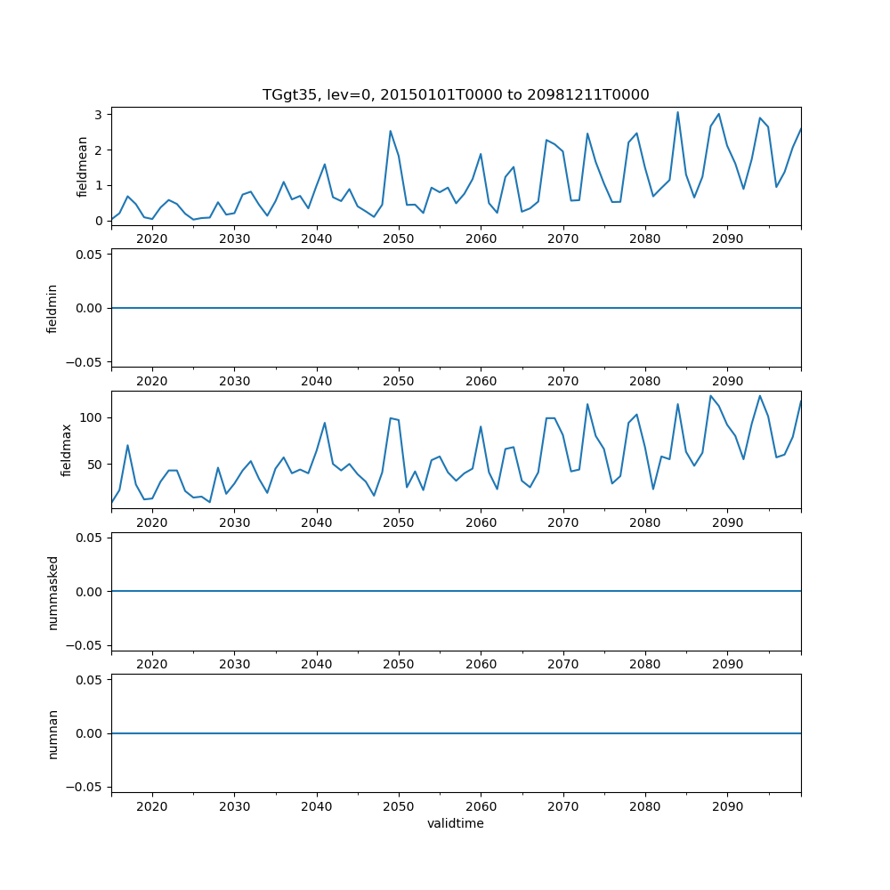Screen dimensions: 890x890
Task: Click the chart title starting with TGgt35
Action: pyautogui.click(x=456, y=94)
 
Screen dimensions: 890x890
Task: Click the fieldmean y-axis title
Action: pyautogui.click(x=83, y=166)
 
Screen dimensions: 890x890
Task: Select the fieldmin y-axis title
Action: pyautogui.click(x=53, y=308)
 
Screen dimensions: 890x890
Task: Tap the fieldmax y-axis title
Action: pyautogui.click(x=67, y=449)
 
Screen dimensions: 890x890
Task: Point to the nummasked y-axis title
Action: pyautogui.click(x=53, y=592)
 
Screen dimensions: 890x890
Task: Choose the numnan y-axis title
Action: pyautogui.click(x=53, y=733)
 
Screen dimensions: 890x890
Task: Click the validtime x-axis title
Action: pyautogui.click(x=456, y=823)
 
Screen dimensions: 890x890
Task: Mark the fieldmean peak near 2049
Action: pyautogui.click(x=390, y=131)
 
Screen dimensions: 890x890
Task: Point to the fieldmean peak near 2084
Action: pyautogui.click(x=677, y=112)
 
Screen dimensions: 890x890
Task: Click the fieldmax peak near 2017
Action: pyautogui.click(x=127, y=445)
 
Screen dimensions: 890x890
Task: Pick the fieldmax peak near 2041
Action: pyautogui.click(x=325, y=423)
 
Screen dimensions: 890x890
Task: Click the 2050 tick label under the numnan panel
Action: pyautogui.click(x=399, y=807)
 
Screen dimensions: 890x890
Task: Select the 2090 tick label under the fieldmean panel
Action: pyautogui.click(x=727, y=239)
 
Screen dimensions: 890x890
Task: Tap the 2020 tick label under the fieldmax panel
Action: pyautogui.click(x=152, y=523)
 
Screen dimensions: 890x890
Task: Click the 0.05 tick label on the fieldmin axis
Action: pyautogui.click(x=90, y=255)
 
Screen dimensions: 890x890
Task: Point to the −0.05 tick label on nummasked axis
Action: pyautogui.click(x=86, y=645)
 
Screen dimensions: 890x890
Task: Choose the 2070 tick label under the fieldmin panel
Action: pyautogui.click(x=562, y=382)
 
